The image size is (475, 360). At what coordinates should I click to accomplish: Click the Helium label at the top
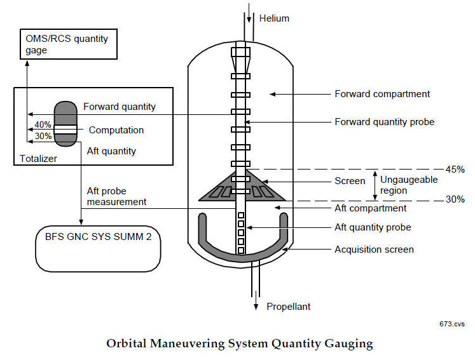[275, 18]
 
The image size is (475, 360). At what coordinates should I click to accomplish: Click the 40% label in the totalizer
[43, 124]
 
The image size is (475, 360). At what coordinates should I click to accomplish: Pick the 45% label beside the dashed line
[455, 169]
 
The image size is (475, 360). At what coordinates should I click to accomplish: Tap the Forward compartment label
[382, 94]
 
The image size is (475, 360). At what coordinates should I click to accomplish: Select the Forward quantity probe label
[384, 121]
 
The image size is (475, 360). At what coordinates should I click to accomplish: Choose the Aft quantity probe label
[373, 227]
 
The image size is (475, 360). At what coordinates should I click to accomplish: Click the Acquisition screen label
[374, 250]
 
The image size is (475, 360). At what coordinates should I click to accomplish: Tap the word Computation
[116, 130]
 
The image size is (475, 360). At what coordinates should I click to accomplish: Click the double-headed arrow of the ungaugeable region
[375, 185]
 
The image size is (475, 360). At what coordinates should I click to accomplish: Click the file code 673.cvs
[451, 324]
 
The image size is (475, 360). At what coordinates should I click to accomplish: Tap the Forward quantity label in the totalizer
[120, 107]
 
